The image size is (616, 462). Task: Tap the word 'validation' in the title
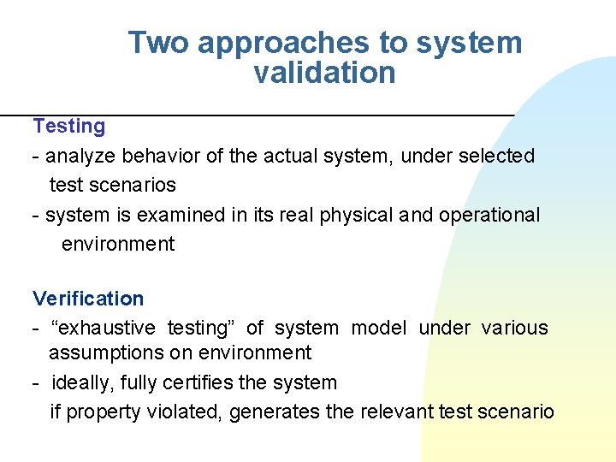pos(324,73)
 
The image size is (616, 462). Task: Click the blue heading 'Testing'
pos(69,127)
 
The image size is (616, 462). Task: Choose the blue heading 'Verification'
pos(88,299)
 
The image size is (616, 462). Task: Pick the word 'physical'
pos(357,216)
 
